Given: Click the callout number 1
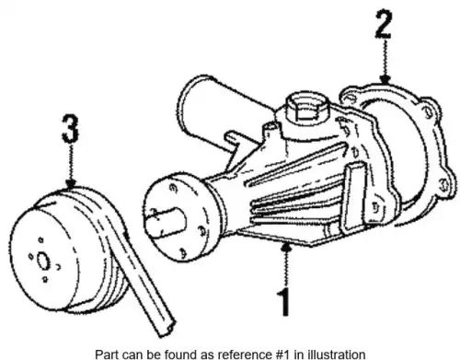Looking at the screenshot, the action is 283,302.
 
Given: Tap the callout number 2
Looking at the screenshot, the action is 384,24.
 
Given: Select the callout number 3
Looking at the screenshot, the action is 71,128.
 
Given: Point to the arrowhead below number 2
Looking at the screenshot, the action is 385,79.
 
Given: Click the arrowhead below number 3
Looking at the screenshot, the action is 71,183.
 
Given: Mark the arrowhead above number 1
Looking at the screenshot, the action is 286,247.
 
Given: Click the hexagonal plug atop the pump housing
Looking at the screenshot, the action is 307,110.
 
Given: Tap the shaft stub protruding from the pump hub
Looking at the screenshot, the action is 166,221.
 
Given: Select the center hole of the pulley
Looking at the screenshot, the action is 43,261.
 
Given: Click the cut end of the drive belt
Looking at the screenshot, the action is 167,329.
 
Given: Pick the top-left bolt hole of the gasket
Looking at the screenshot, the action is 347,98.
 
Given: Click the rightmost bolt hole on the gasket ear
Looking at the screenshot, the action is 443,185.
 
